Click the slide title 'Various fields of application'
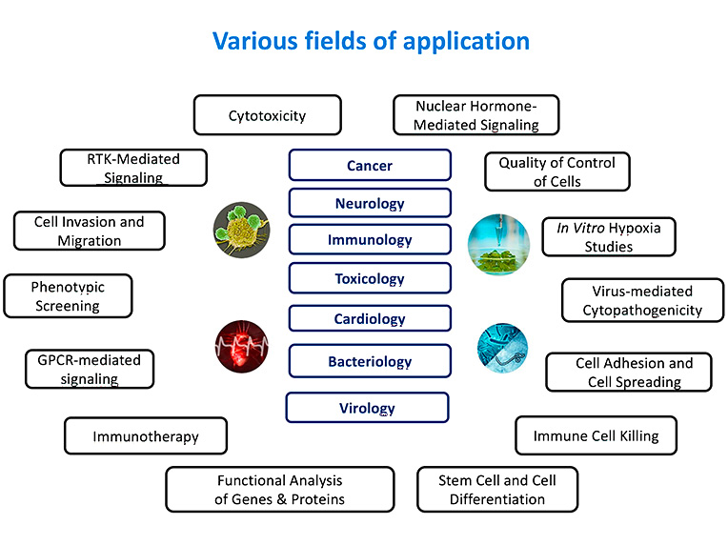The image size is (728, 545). coord(371,41)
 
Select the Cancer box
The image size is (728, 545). coord(370,165)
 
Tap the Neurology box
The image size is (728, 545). coord(370,203)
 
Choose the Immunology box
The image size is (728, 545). coord(370,240)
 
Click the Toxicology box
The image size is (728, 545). coord(370,279)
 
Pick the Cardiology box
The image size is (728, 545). coord(370,319)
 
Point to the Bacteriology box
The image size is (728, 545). coord(370,361)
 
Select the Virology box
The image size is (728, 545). coord(368,408)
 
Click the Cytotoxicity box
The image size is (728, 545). coord(267,115)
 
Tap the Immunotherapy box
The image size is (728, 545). coord(146,436)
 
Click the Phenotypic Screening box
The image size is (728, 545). coord(68,296)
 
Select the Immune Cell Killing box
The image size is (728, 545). coord(596,435)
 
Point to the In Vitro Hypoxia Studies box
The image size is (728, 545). coord(608,237)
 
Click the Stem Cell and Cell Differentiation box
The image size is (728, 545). coord(497,489)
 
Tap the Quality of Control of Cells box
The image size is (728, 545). coord(557,172)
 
